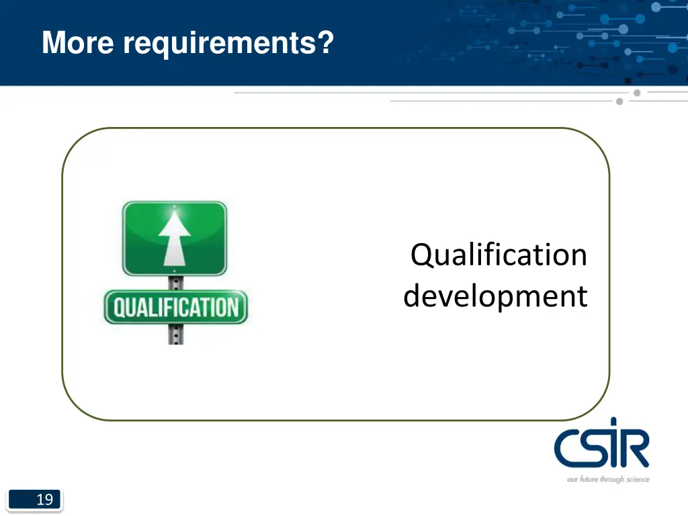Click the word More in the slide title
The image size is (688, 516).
pos(78,44)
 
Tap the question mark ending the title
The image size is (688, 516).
pos(326,44)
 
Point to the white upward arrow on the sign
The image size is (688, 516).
pos(174,238)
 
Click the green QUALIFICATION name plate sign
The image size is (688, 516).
pos(175,308)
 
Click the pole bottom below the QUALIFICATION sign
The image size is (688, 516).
pos(175,334)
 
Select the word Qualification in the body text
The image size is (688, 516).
pos(499,255)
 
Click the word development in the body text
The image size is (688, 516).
pos(495,296)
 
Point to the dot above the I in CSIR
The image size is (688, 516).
pos(613,423)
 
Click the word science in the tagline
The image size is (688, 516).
pos(638,479)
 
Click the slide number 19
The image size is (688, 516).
pos(44,500)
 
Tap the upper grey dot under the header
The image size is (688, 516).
pos(636,93)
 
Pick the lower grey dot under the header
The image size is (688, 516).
pos(619,101)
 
